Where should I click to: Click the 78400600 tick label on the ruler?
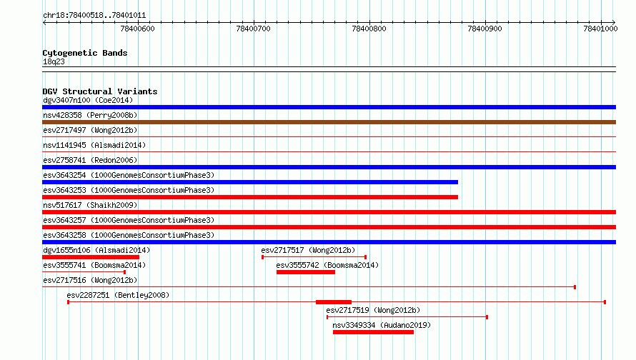[137, 29]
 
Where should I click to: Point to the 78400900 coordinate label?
[485, 29]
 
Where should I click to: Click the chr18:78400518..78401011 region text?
[94, 16]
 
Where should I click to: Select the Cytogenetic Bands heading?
[85, 53]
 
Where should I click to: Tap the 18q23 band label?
[54, 61]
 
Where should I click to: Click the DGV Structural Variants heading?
[100, 91]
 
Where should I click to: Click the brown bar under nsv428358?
[329, 122]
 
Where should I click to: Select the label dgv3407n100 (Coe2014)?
[88, 100]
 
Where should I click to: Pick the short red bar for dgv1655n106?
[91, 257]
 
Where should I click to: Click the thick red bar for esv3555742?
[306, 272]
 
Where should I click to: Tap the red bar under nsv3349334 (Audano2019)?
[373, 332]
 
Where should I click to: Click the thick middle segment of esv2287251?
[334, 302]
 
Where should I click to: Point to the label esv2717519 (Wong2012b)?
[373, 310]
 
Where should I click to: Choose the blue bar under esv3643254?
[250, 182]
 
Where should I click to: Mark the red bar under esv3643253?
[250, 197]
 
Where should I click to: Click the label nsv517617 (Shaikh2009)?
[90, 205]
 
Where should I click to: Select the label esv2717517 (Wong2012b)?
[308, 250]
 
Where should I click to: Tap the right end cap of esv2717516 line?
[575, 287]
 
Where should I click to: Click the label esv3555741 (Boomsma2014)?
[94, 265]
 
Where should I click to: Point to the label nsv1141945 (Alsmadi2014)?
[94, 145]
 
